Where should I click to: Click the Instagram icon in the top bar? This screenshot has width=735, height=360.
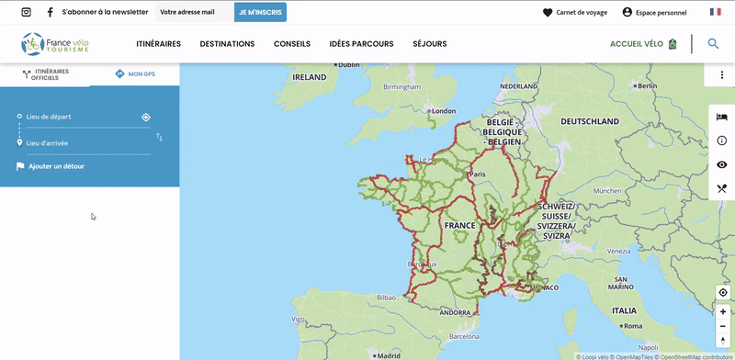[x=26, y=12]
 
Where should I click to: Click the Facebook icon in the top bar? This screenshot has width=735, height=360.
[x=50, y=12]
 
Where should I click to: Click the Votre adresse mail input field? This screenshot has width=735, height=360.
[x=194, y=12]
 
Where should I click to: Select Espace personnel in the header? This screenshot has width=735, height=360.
[x=654, y=12]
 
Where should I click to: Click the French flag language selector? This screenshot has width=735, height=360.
[x=716, y=12]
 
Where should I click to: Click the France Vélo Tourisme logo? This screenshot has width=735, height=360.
[x=56, y=43]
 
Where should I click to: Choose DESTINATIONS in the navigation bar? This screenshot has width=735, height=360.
[x=227, y=44]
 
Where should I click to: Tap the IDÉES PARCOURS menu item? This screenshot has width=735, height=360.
[x=361, y=44]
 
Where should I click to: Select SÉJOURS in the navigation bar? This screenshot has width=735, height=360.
[x=430, y=44]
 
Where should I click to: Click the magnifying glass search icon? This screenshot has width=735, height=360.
[x=713, y=43]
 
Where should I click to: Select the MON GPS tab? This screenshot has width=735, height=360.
[x=135, y=73]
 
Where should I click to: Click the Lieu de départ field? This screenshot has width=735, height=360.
[x=78, y=118]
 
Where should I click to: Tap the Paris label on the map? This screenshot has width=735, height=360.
[x=477, y=174]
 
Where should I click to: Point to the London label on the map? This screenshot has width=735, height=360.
[x=444, y=111]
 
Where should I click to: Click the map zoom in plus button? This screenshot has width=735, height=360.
[x=723, y=311]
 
